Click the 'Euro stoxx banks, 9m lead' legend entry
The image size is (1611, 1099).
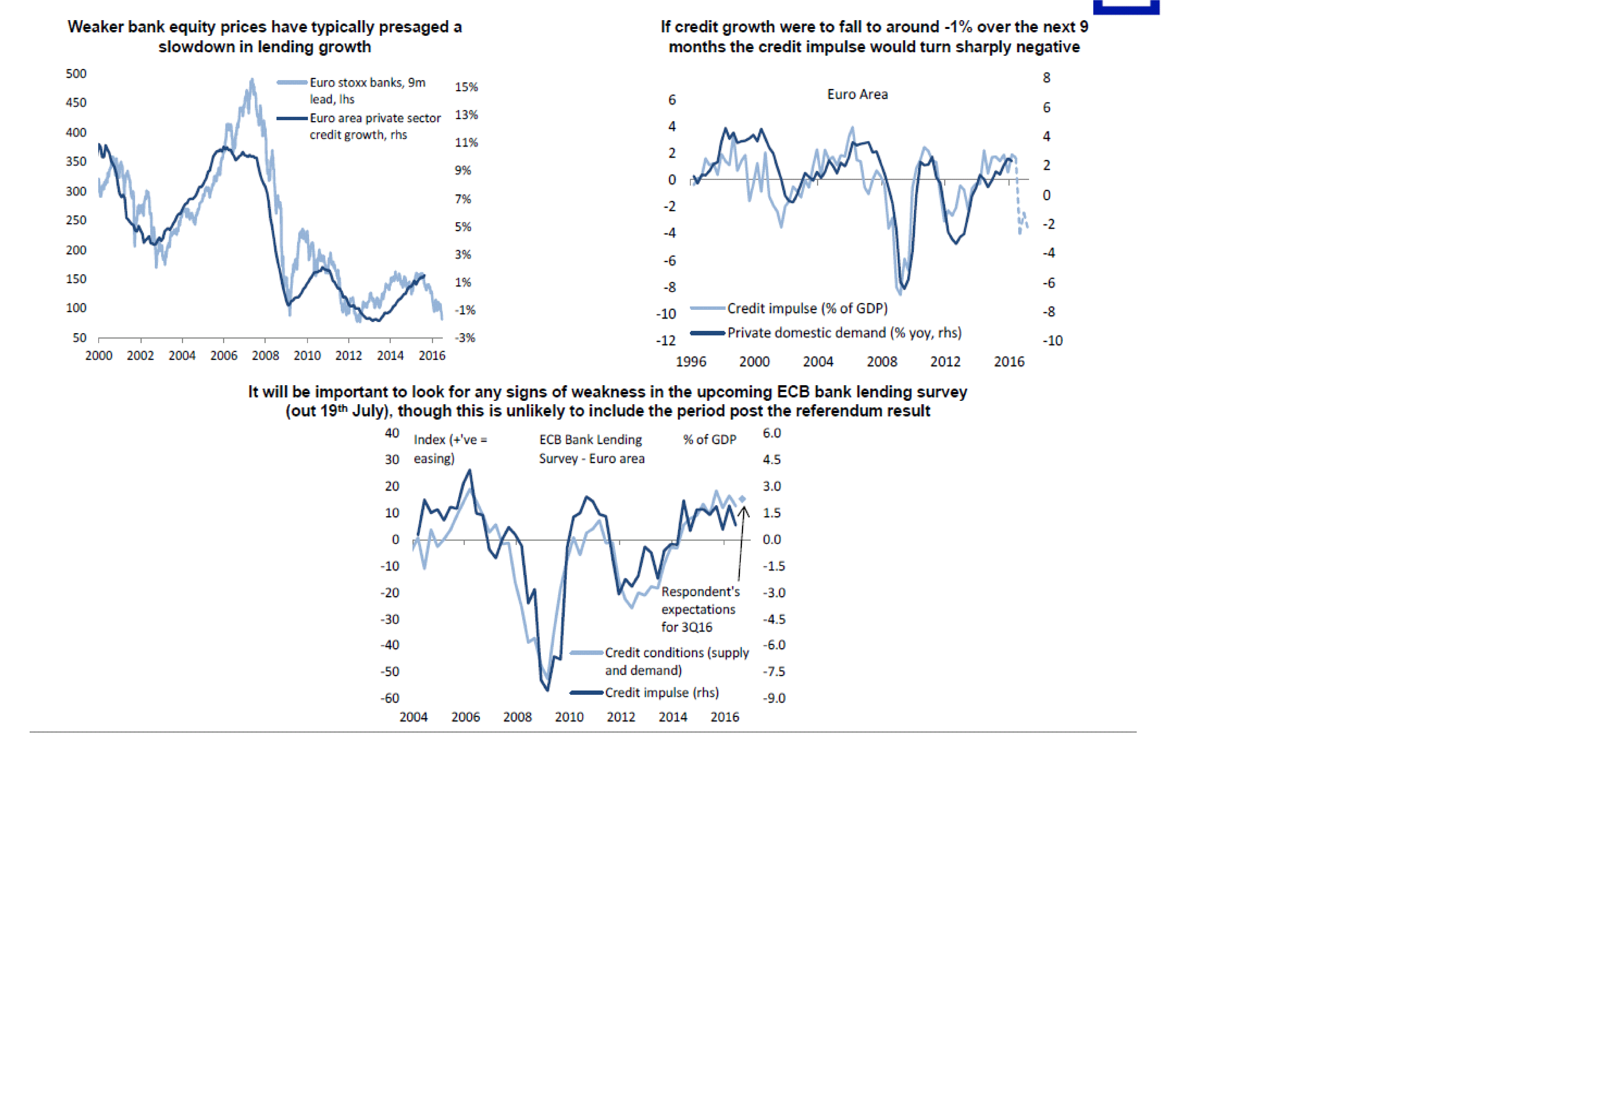(367, 90)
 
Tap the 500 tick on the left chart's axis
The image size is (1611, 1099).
(76, 74)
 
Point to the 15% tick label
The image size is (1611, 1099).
(466, 87)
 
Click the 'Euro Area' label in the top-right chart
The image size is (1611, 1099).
(857, 94)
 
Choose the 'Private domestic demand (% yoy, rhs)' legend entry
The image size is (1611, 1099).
(844, 333)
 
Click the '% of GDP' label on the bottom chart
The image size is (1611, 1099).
(709, 440)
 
